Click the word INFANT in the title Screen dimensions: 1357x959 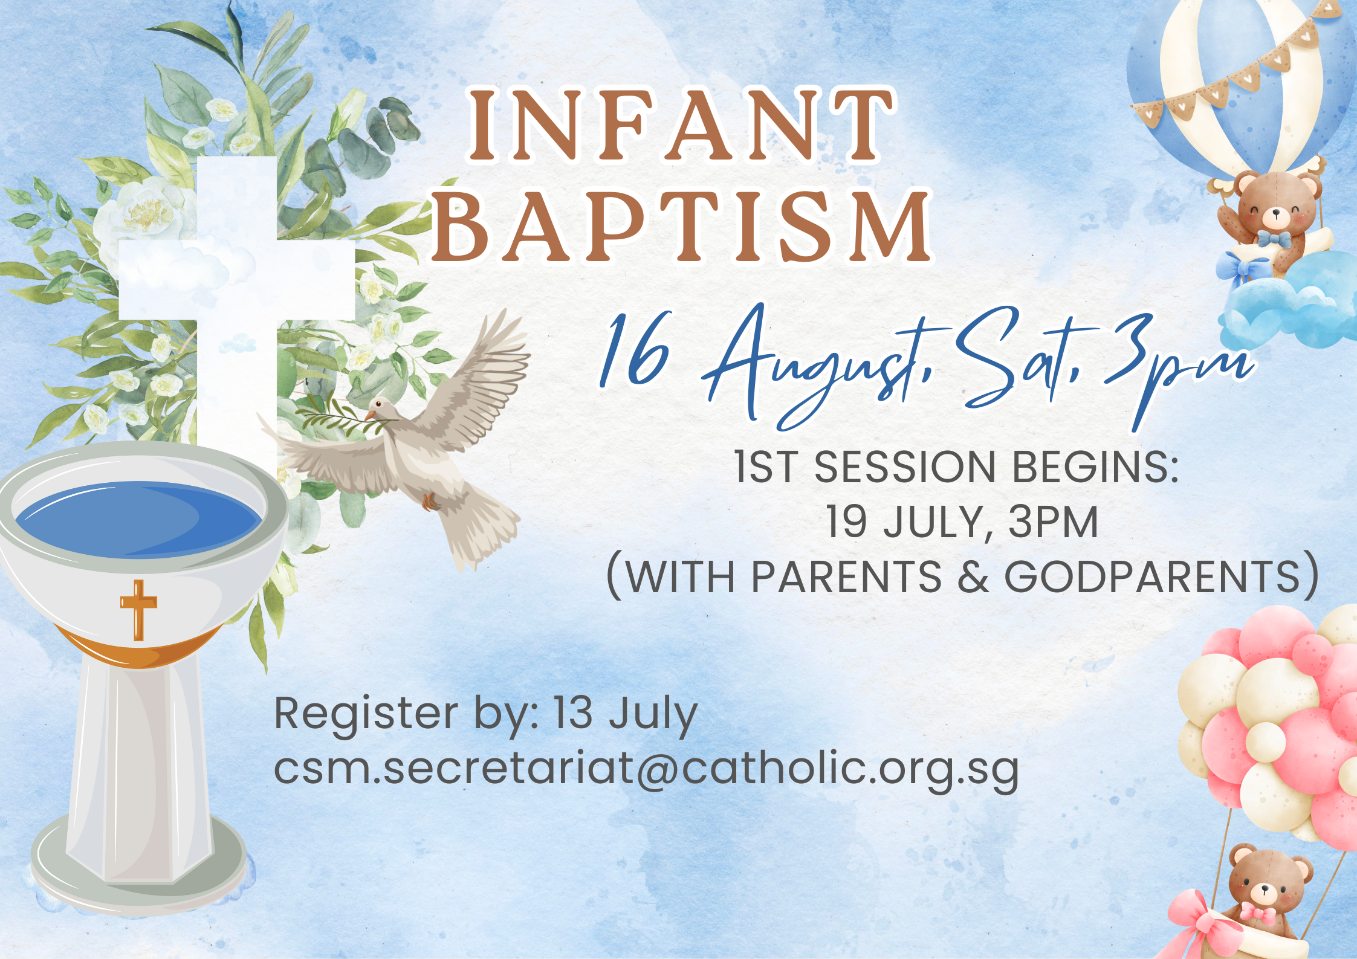[x=681, y=125]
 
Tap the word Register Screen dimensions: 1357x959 [x=365, y=715]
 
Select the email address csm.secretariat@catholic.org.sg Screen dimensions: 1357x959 [x=646, y=769]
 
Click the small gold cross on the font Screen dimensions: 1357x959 [x=138, y=609]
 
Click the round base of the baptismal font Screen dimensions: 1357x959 [x=139, y=870]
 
